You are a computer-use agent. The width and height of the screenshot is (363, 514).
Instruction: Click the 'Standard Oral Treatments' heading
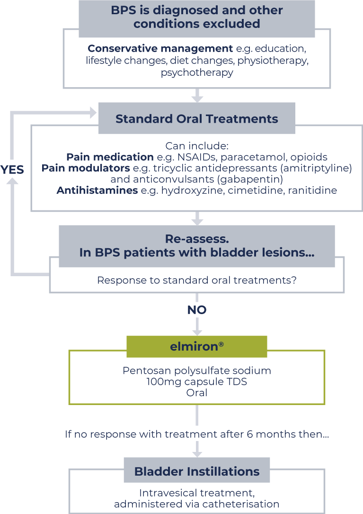pos(196,118)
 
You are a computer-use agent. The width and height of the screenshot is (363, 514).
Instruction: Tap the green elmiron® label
pos(196,346)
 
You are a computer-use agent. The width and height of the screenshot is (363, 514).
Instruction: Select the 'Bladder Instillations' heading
pos(197,471)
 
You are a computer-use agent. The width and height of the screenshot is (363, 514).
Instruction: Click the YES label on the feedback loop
pos(12,170)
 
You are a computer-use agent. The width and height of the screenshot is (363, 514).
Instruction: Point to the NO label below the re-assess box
pos(197,310)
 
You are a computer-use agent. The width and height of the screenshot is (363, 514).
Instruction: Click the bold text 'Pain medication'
pos(110,157)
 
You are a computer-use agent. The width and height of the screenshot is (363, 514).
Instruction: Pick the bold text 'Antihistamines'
pos(97,191)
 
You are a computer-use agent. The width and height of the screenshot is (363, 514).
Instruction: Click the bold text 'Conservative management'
pos(160,48)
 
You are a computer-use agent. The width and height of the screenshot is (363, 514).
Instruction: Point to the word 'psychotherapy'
pos(197,72)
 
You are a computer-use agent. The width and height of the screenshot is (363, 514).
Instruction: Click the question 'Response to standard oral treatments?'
pos(197,280)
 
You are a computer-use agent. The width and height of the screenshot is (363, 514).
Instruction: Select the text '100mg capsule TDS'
pos(197,381)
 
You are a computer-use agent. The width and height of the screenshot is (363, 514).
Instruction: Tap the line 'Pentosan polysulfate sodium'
pos(197,370)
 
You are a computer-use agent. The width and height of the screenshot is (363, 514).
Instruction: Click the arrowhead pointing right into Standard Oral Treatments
pos(93,113)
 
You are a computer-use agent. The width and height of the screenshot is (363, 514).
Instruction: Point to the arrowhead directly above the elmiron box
pos(197,332)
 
